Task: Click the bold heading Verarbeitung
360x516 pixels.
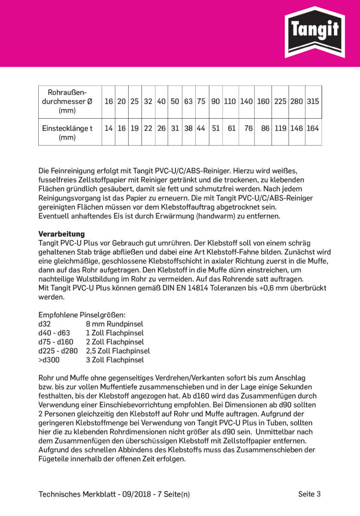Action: pyautogui.click(x=62, y=234)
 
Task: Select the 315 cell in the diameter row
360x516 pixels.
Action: pyautogui.click(x=313, y=101)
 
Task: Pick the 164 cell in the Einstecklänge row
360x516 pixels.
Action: pyautogui.click(x=313, y=128)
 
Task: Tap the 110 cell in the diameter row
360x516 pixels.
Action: pyautogui.click(x=230, y=101)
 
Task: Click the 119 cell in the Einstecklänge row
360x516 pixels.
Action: pyautogui.click(x=280, y=128)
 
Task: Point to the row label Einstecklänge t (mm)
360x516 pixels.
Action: pyautogui.click(x=67, y=133)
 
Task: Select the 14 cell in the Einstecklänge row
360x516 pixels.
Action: pyautogui.click(x=108, y=128)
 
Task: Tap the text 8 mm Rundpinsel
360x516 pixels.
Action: pyautogui.click(x=114, y=324)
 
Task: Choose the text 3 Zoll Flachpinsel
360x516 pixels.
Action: pyautogui.click(x=115, y=360)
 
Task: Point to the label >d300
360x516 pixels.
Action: pyautogui.click(x=49, y=360)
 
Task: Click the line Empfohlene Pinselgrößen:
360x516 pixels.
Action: pyautogui.click(x=82, y=315)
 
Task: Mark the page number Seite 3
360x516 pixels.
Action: pyautogui.click(x=309, y=494)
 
